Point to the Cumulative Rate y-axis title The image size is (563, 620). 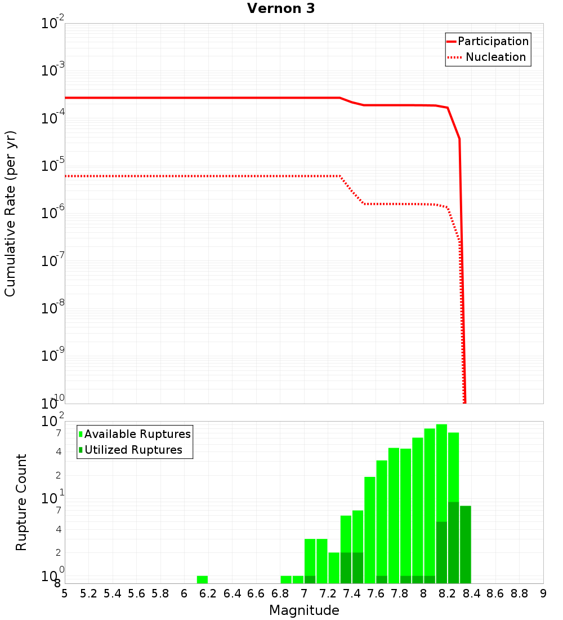(10, 214)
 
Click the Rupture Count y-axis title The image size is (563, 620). (21, 502)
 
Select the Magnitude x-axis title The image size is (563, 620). (304, 610)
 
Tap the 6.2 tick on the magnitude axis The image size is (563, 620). (208, 594)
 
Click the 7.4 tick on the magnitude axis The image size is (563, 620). (352, 594)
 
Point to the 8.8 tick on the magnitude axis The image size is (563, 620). (519, 594)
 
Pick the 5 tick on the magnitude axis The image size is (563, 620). (65, 594)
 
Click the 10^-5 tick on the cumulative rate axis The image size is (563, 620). (53, 166)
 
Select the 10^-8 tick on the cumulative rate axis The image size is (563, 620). (53, 308)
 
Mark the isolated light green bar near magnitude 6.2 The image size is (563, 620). (202, 579)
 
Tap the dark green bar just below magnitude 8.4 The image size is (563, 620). (465, 544)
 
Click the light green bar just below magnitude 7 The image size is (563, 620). (298, 579)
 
